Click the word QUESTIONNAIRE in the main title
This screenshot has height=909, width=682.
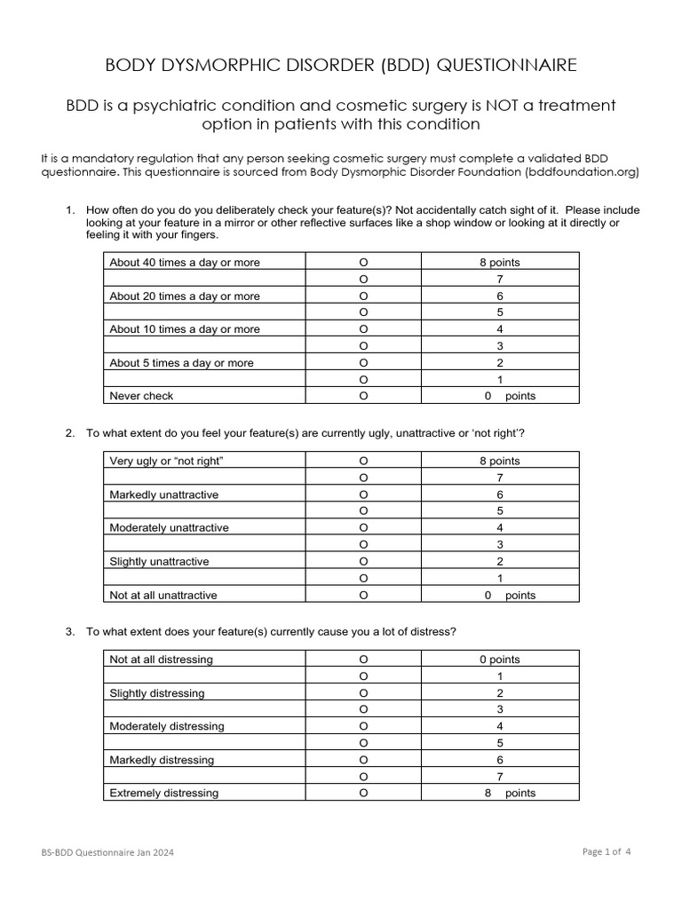point(498,65)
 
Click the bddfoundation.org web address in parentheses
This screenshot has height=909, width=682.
point(582,172)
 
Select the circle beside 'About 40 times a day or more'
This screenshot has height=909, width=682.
point(363,263)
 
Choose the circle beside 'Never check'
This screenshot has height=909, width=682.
point(363,396)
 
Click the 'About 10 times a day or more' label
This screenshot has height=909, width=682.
point(185,329)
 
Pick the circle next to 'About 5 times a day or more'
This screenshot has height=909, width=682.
point(363,363)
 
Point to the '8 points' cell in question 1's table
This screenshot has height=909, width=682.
point(499,263)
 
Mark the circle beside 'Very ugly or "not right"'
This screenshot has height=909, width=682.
point(363,462)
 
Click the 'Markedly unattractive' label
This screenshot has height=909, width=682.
point(163,494)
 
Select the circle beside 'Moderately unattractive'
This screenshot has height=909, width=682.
point(363,528)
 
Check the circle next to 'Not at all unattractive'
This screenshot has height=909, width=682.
point(363,595)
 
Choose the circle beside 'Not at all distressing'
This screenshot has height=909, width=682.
point(363,660)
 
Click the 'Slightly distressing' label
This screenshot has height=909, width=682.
point(156,693)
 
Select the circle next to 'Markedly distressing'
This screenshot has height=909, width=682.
point(363,760)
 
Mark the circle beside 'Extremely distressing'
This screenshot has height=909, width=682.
point(363,793)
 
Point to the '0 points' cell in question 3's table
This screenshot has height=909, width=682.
point(499,660)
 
